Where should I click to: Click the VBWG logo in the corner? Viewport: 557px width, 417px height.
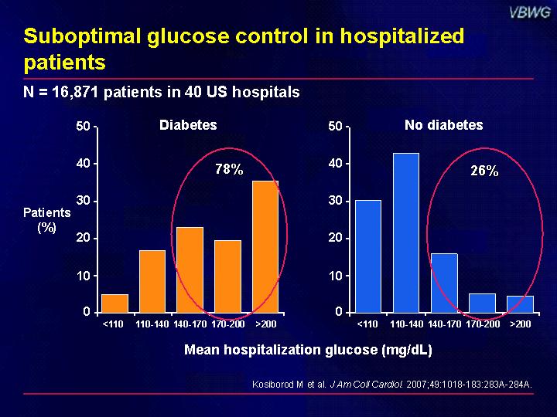click(530, 13)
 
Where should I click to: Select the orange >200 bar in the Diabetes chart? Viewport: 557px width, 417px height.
click(265, 247)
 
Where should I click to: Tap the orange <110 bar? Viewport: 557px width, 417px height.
click(114, 303)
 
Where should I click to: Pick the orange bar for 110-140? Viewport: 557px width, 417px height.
click(152, 282)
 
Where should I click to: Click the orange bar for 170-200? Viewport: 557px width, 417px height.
click(227, 276)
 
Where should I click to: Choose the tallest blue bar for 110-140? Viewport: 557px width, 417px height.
click(406, 233)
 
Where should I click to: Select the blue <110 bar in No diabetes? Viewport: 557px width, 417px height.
click(368, 256)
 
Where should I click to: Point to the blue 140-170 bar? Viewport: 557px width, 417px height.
click(444, 283)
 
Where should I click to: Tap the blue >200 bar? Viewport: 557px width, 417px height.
click(520, 304)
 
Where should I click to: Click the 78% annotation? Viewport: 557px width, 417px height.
click(229, 169)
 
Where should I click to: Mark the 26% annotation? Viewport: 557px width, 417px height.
click(484, 171)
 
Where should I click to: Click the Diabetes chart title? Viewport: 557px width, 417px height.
click(188, 125)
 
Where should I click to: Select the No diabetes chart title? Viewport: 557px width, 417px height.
click(444, 125)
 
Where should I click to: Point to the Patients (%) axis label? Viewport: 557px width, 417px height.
click(47, 220)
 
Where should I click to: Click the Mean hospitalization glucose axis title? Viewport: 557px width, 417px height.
click(308, 350)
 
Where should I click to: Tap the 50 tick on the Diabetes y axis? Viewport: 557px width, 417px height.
click(83, 126)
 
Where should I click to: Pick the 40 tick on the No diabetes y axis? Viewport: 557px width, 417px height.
click(335, 164)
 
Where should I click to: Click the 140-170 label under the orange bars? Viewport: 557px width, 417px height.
click(190, 324)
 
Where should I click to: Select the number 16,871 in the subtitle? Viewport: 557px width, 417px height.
click(75, 93)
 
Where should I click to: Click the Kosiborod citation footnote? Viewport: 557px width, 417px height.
click(392, 385)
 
